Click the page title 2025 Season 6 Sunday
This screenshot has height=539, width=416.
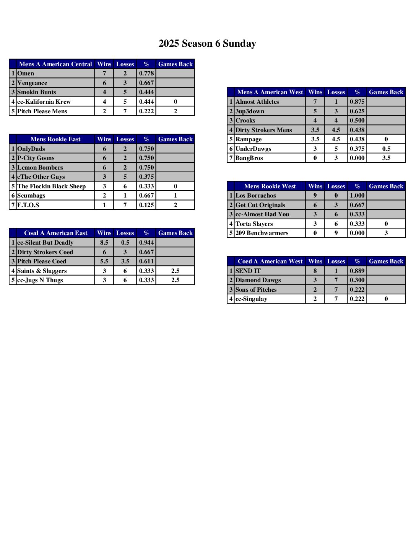pos(207,44)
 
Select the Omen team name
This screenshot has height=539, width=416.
pos(26,73)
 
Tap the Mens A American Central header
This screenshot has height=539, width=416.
pos(55,64)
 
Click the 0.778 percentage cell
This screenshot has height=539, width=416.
pos(146,73)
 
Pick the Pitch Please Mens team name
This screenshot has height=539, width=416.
pos(42,111)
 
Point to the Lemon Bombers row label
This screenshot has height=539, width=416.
pos(40,168)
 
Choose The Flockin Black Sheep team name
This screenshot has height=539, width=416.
pos(52,186)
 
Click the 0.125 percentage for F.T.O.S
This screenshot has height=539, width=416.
pos(146,205)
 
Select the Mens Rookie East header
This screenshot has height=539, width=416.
pos(55,139)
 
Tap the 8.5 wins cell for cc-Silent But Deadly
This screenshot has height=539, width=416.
pos(104,243)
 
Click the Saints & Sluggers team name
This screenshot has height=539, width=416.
pos(42,271)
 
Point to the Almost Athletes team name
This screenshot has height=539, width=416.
pos(257,102)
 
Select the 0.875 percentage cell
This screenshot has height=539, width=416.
pos(357,102)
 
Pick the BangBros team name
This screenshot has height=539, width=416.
pos(249,158)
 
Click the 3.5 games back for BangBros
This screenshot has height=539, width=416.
pos(386,158)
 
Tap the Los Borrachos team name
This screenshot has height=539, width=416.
pos(256,196)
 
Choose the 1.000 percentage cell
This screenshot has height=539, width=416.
pos(357,196)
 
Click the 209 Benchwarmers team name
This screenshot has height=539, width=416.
pos(262,233)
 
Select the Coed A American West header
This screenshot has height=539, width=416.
pos(270,261)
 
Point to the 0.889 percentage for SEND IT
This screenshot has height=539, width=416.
pos(357,271)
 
